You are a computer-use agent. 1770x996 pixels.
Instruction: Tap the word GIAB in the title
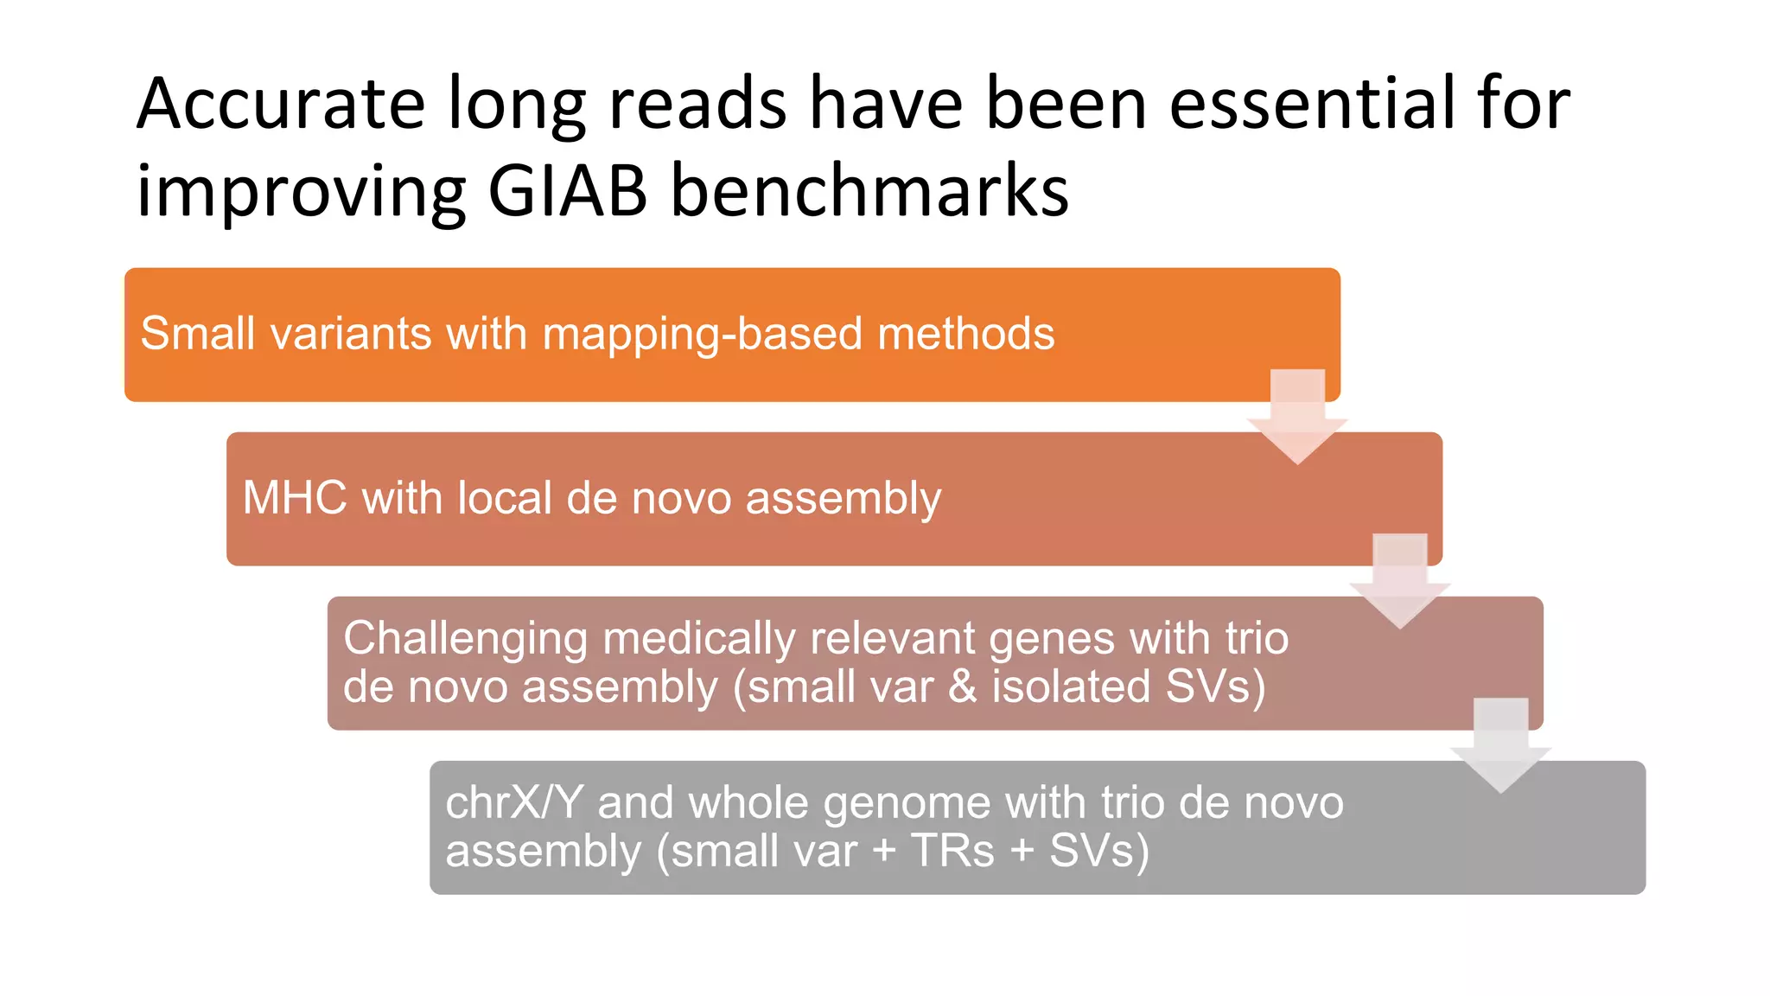(x=567, y=191)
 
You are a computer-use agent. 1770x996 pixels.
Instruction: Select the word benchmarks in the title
(x=869, y=191)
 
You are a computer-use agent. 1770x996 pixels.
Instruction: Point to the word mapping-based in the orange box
(x=702, y=335)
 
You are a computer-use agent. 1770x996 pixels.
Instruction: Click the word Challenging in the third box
(x=466, y=640)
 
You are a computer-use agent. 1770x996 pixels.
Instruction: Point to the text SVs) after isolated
(x=1215, y=687)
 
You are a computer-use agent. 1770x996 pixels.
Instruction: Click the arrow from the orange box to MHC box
(x=1297, y=415)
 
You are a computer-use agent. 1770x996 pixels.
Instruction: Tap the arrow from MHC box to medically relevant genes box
(x=1399, y=579)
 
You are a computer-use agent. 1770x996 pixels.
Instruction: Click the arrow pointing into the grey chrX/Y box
(x=1501, y=744)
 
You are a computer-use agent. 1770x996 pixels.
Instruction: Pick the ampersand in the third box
(x=962, y=687)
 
